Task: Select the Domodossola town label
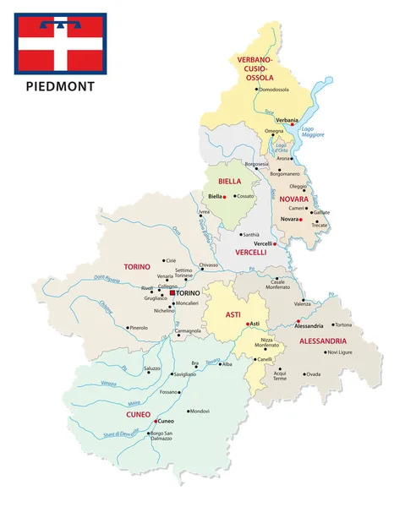point(274,90)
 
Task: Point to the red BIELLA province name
point(229,181)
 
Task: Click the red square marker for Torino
point(172,292)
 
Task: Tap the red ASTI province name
point(233,313)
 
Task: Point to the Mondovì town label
point(199,411)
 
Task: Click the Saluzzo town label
point(152,368)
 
